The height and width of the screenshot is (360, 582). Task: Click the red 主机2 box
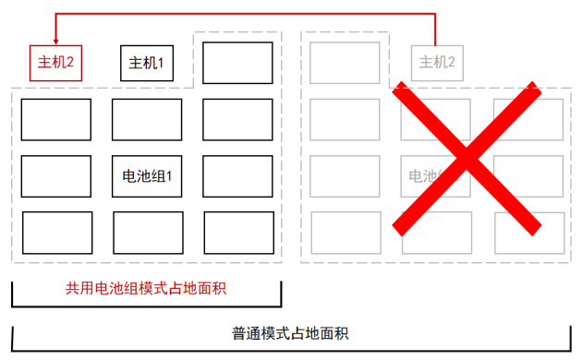coord(55,64)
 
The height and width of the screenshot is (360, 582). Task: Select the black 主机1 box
coord(146,63)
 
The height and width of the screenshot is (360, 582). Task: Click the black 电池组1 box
coord(147,175)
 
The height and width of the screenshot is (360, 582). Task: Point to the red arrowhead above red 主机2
coord(55,41)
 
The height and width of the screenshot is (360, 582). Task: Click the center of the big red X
coord(467,157)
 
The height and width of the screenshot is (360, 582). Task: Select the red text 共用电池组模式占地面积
coord(146,288)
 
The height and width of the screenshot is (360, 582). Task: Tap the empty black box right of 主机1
coord(237,63)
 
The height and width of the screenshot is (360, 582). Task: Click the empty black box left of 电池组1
coord(55,175)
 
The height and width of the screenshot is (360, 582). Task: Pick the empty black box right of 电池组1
coord(237,175)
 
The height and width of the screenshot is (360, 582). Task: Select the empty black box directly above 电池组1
coord(147,119)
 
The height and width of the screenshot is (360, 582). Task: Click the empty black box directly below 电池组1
coord(147,233)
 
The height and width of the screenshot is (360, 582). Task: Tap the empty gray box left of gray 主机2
coord(345,63)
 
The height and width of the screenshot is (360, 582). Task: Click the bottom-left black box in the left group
coord(56,233)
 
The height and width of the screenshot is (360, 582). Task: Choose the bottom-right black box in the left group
coord(238,233)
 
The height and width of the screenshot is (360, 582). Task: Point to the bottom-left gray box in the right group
coord(345,233)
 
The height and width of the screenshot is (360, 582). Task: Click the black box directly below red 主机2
coord(55,119)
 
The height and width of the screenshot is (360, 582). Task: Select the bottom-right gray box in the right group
coord(528,233)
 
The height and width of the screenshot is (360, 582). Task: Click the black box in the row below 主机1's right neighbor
coord(237,119)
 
